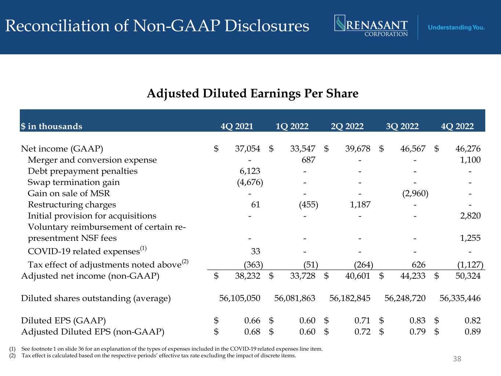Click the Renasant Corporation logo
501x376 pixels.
click(x=371, y=26)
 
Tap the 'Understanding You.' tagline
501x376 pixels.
click(x=456, y=28)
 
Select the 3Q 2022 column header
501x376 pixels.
click(x=402, y=126)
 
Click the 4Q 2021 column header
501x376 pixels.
click(x=237, y=126)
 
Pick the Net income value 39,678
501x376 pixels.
click(x=357, y=149)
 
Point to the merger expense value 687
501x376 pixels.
click(x=308, y=160)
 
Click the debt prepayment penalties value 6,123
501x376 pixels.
click(x=250, y=171)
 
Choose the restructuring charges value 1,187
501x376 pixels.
click(x=360, y=205)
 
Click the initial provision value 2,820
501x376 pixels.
click(x=471, y=216)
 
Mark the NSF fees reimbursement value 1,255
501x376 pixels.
click(x=471, y=238)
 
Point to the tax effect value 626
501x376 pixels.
click(x=419, y=265)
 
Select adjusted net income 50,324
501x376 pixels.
click(x=468, y=276)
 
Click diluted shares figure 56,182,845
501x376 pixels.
click(x=350, y=298)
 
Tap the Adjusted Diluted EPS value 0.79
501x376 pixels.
click(x=417, y=332)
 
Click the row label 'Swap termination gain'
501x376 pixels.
click(x=74, y=182)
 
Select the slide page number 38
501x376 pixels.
click(x=457, y=359)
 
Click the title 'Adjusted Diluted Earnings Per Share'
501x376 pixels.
click(x=253, y=94)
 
